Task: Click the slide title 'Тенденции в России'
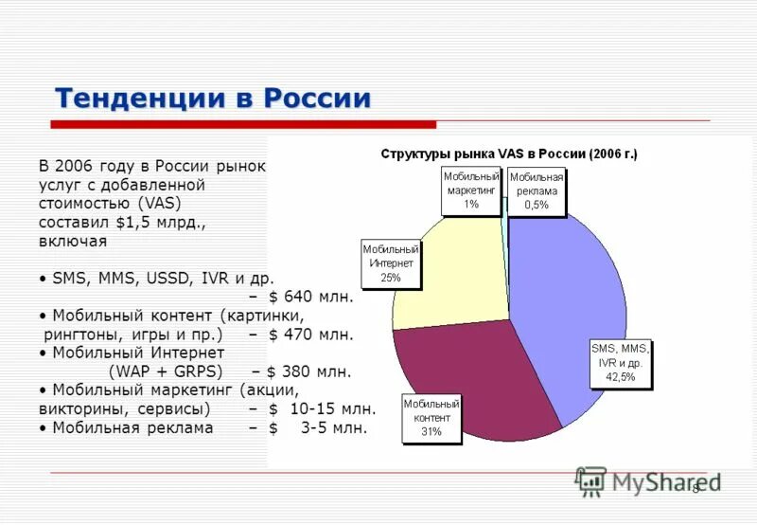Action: point(213,99)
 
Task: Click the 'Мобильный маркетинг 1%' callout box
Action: point(471,190)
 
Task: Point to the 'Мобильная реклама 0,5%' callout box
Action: point(537,192)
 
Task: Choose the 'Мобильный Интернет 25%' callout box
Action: point(391,264)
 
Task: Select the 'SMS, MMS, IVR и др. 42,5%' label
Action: point(621,364)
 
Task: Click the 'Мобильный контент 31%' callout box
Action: point(431,418)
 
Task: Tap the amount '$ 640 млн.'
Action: point(311,297)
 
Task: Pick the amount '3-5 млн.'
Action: point(334,427)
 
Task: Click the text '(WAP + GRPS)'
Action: point(166,371)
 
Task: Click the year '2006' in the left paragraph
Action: point(75,167)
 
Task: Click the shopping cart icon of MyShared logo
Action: point(590,481)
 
